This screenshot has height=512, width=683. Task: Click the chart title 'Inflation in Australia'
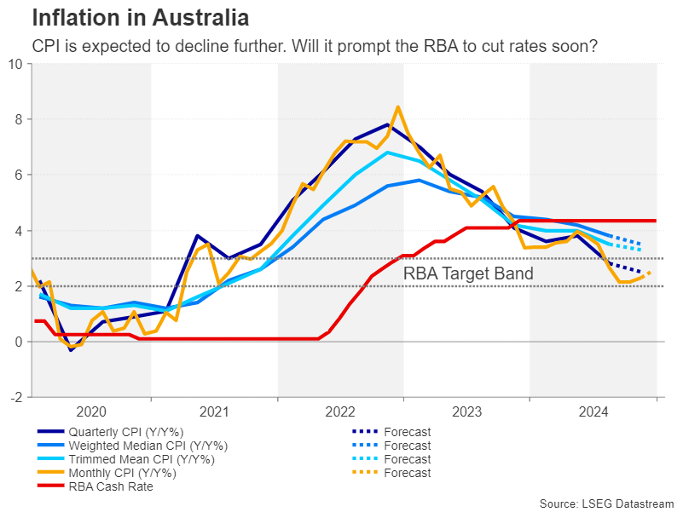pyautogui.click(x=141, y=17)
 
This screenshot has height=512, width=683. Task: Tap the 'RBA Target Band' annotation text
pyautogui.click(x=468, y=273)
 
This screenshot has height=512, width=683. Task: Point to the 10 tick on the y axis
pyautogui.click(x=15, y=64)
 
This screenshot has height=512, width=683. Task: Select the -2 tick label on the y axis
pyautogui.click(x=15, y=397)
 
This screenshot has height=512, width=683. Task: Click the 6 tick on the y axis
pyautogui.click(x=19, y=175)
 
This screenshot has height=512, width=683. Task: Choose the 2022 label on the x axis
pyautogui.click(x=341, y=411)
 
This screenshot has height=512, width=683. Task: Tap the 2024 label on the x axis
pyautogui.click(x=593, y=411)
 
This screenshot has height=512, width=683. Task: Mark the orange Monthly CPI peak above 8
pyautogui.click(x=398, y=107)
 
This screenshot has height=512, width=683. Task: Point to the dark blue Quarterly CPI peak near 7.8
pyautogui.click(x=388, y=124)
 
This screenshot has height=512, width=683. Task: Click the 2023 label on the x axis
pyautogui.click(x=467, y=411)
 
